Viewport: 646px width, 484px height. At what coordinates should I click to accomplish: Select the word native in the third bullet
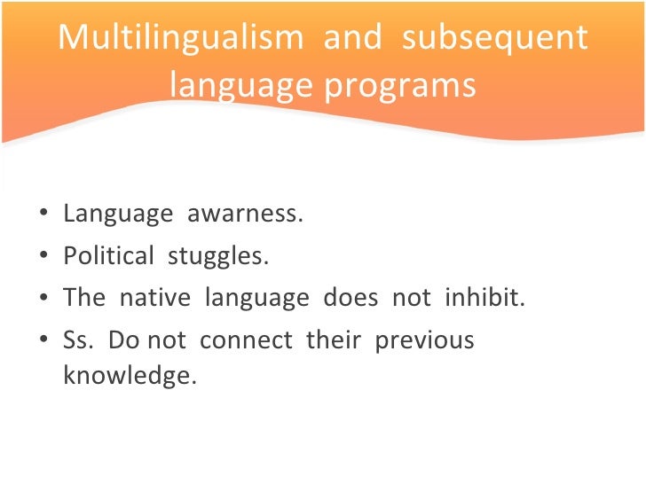click(154, 298)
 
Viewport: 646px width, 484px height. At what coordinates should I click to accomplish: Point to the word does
click(351, 298)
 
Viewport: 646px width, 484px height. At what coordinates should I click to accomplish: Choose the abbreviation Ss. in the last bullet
click(78, 340)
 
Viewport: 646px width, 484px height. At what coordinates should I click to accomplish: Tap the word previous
click(425, 340)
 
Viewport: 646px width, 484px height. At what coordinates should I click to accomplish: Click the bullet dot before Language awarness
click(45, 215)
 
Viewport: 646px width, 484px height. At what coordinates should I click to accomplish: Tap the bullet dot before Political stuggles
click(45, 257)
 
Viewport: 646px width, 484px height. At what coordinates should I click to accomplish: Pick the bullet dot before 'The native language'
click(45, 299)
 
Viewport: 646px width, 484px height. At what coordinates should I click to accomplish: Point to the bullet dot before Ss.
click(45, 341)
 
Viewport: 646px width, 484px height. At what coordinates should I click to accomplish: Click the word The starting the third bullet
click(84, 298)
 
